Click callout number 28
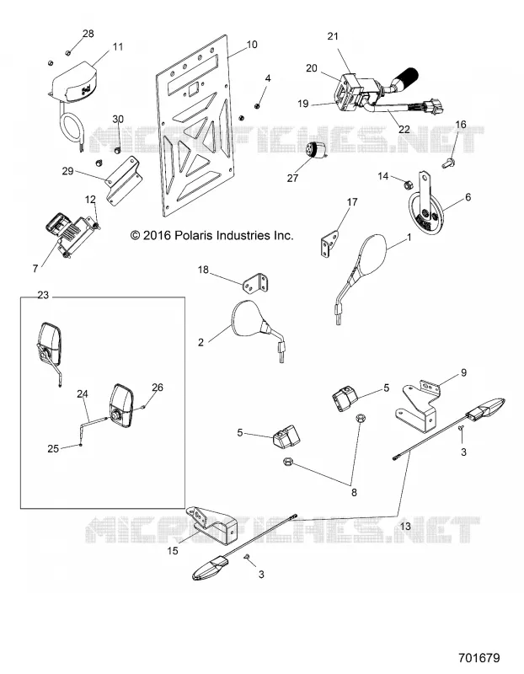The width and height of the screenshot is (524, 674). click(88, 34)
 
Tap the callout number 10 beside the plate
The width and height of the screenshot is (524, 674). click(252, 45)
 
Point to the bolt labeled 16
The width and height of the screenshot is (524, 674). click(447, 163)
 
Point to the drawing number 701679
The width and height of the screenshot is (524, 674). click(479, 658)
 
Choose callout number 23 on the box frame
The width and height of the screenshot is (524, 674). click(43, 296)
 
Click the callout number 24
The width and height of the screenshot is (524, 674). click(83, 393)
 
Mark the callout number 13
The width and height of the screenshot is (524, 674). click(405, 526)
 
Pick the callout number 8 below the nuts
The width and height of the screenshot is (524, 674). click(354, 493)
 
